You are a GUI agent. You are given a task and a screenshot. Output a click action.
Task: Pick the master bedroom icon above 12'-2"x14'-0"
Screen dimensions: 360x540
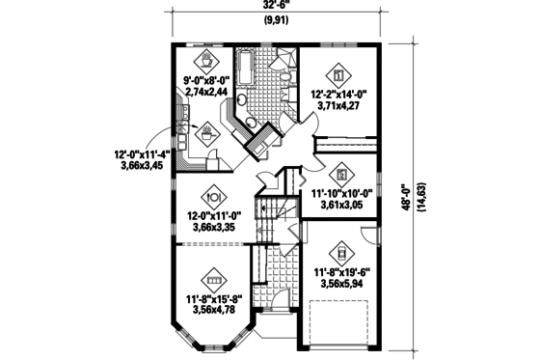(337, 72)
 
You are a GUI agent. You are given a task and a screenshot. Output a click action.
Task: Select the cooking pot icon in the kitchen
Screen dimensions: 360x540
(206, 135)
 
